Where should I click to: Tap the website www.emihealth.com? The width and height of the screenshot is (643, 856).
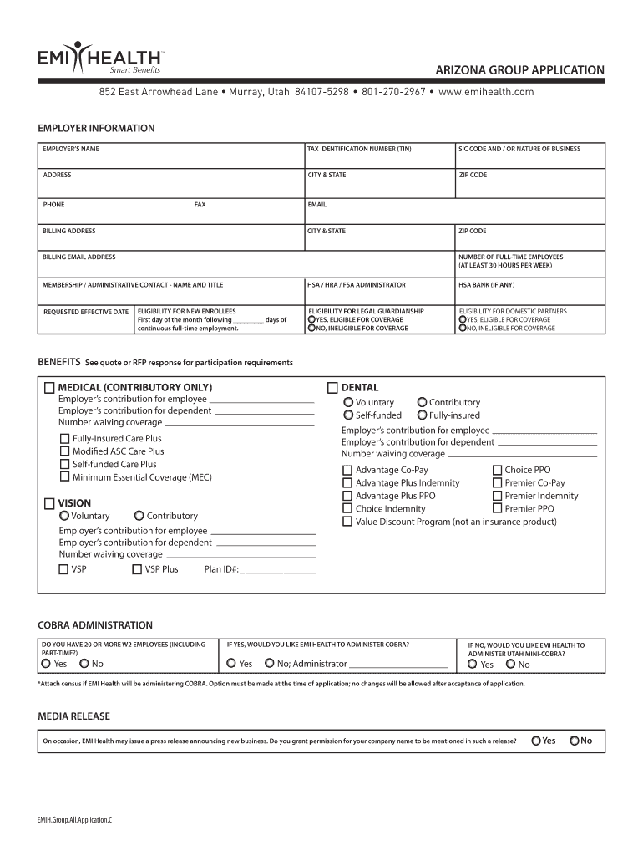click(485, 92)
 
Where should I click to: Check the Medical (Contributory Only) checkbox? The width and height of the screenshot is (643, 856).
click(49, 388)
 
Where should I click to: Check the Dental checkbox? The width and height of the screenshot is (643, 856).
click(332, 388)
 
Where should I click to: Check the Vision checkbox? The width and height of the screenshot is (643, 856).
click(49, 503)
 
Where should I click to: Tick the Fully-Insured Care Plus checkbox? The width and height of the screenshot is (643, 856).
click(64, 439)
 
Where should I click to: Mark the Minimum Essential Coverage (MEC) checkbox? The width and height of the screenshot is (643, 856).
click(64, 477)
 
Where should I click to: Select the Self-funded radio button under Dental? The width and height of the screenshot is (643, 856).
click(348, 415)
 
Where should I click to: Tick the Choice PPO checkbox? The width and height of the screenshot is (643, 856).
click(498, 471)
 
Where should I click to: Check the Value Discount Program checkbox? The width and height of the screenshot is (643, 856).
click(347, 522)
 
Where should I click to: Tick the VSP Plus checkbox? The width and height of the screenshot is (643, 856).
click(137, 570)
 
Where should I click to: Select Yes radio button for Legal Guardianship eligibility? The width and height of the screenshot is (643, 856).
click(311, 319)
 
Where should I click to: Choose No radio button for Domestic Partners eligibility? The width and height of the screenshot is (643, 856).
click(463, 329)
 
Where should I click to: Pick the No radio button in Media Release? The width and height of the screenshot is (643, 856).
click(574, 741)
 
